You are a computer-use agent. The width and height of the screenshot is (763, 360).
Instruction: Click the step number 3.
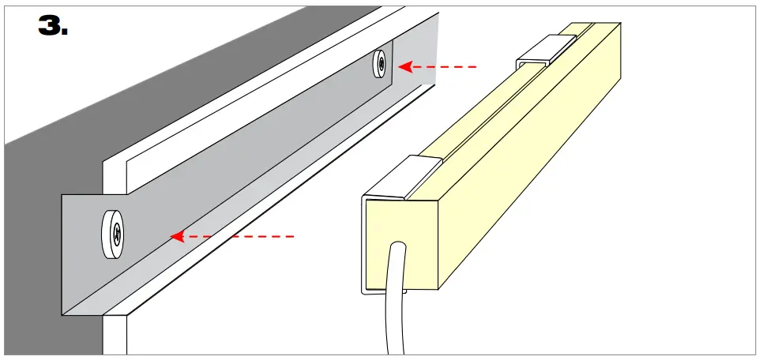tap(53, 25)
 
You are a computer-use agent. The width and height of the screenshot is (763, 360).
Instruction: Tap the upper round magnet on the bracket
tap(381, 64)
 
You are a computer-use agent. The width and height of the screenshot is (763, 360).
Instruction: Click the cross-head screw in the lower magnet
tap(116, 233)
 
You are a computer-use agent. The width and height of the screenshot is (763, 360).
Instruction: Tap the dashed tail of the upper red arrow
tap(450, 67)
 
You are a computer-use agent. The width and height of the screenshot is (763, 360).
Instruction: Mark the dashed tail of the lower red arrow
tap(253, 235)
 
